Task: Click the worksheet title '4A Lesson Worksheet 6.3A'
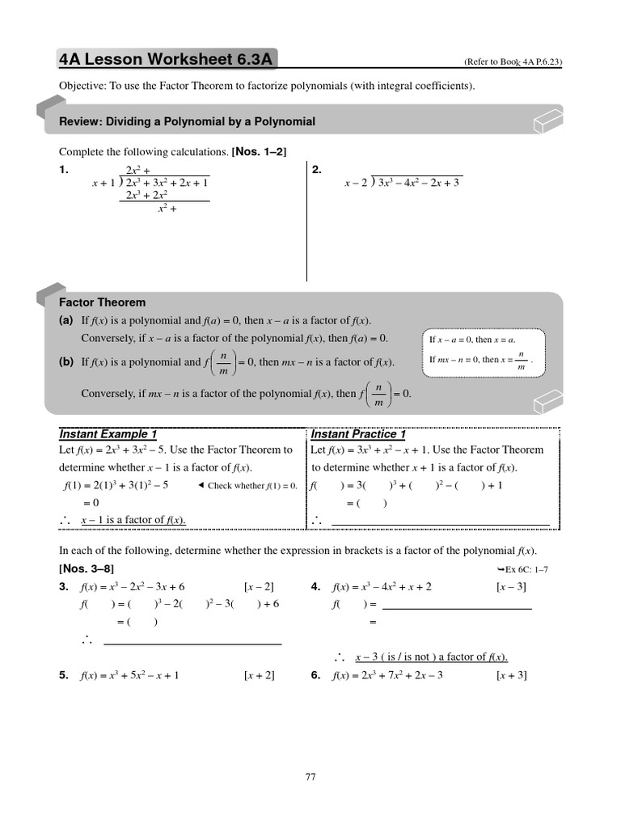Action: click(165, 59)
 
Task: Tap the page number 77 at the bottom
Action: click(310, 777)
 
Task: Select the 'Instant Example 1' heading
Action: click(108, 434)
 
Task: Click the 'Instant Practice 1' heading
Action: click(358, 434)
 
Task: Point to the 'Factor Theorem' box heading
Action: click(102, 302)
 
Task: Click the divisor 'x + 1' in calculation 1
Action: click(104, 183)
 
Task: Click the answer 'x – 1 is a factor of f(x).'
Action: click(133, 520)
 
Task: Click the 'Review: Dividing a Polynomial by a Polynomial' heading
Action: click(188, 121)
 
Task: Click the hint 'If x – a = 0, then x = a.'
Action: click(472, 340)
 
